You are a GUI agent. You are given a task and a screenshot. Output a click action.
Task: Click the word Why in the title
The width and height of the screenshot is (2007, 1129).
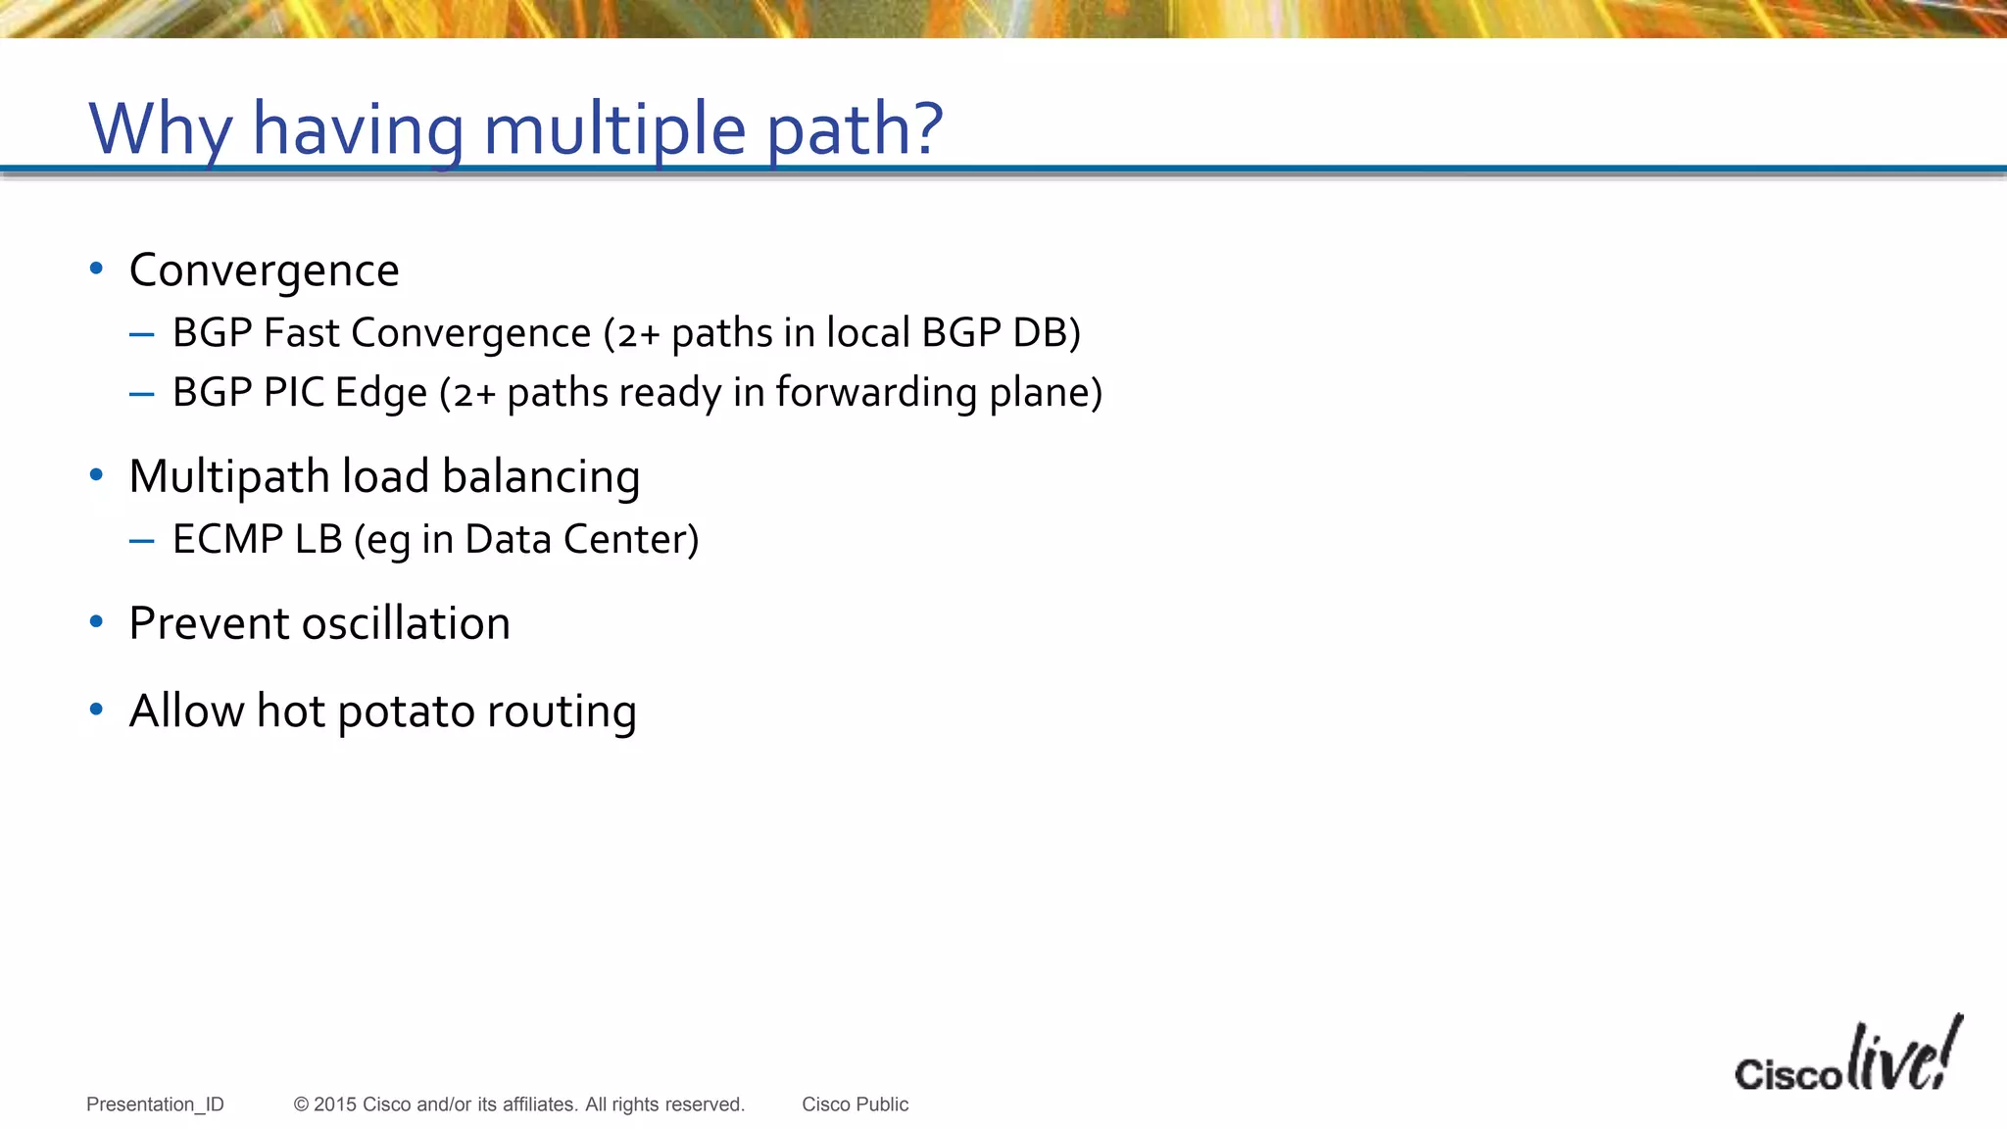pos(161,129)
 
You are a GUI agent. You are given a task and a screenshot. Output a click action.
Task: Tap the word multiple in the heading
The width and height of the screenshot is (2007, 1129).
pos(615,129)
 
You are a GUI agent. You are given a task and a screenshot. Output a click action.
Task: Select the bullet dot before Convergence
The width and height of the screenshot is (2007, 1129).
pos(96,269)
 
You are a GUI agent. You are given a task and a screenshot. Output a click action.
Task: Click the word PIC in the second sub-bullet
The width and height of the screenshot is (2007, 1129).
pos(294,392)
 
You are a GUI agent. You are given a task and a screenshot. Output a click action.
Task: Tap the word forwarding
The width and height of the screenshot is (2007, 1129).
pos(876,392)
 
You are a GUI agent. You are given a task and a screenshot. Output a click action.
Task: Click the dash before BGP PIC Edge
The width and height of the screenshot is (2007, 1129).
pos(141,394)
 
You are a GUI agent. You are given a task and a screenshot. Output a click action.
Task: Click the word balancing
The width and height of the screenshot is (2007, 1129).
pos(541,477)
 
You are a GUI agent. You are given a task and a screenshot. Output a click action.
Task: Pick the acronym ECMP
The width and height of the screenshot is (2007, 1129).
pos(227,539)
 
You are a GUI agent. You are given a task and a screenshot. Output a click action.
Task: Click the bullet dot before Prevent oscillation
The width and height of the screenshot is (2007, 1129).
pos(96,622)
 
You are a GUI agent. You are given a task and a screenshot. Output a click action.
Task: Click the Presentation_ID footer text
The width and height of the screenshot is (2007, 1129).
pos(155,1104)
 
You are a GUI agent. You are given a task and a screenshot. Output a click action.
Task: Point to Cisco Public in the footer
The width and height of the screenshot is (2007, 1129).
pos(855,1104)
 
